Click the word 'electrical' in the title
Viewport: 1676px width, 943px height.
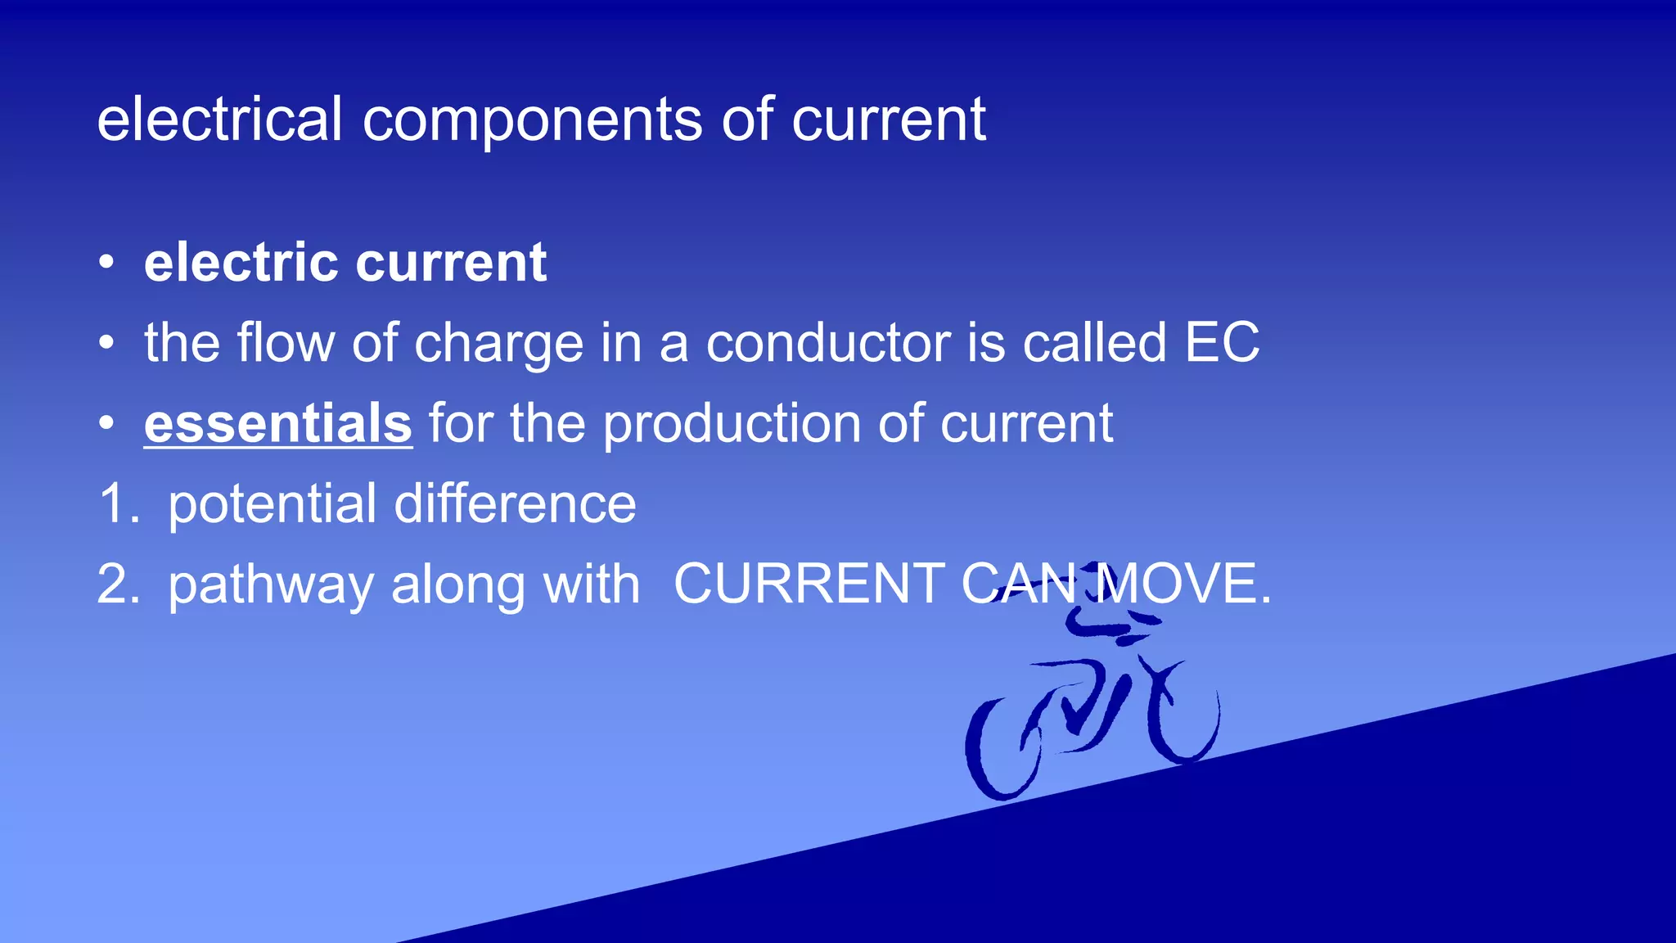(x=219, y=120)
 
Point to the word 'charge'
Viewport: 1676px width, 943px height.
(x=499, y=344)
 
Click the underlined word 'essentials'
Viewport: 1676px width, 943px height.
(x=278, y=423)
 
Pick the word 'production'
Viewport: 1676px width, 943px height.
(x=732, y=425)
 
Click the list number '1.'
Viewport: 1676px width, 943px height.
(x=119, y=503)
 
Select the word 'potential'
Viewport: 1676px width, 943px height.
(x=272, y=505)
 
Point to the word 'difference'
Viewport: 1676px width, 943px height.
(x=515, y=503)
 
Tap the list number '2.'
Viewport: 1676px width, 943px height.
(x=119, y=584)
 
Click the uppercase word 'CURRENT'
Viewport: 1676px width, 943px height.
(x=809, y=584)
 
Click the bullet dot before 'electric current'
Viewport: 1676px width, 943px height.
(x=106, y=264)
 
